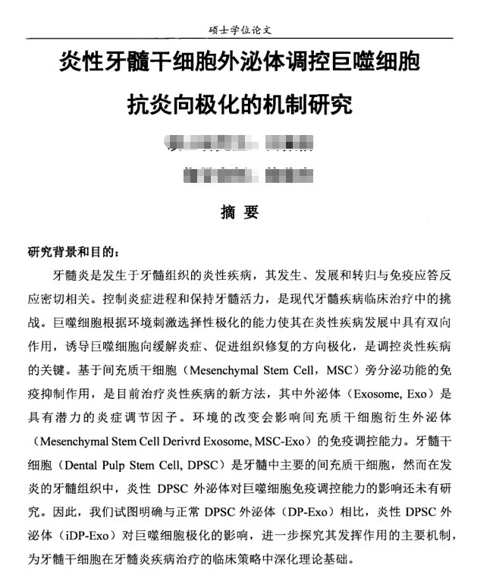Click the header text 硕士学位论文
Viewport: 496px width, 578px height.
(240, 30)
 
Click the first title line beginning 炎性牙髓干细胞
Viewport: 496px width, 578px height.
(240, 62)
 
